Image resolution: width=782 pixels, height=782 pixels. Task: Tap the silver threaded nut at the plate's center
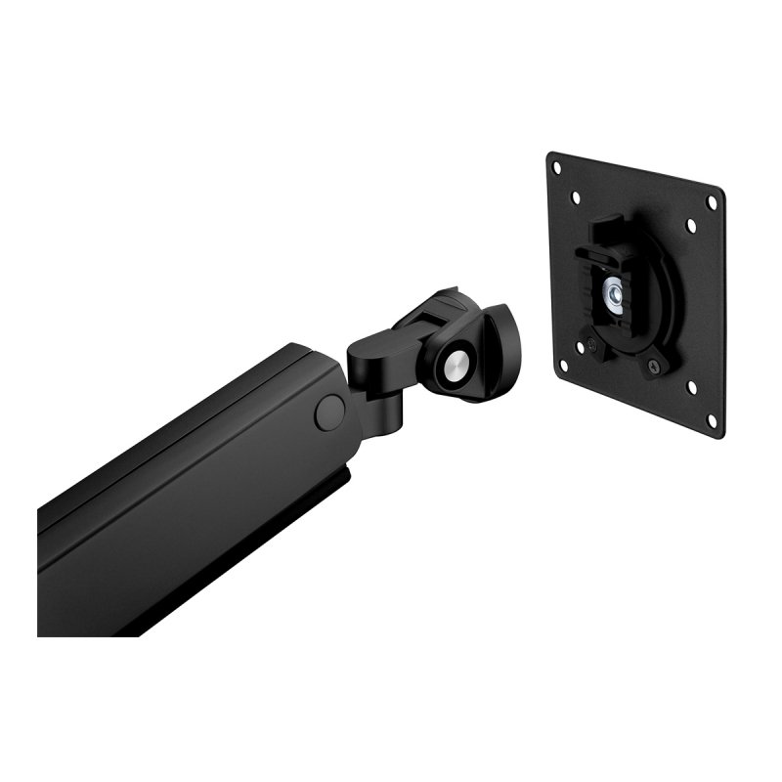615,290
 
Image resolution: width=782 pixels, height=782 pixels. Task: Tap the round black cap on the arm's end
328,411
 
